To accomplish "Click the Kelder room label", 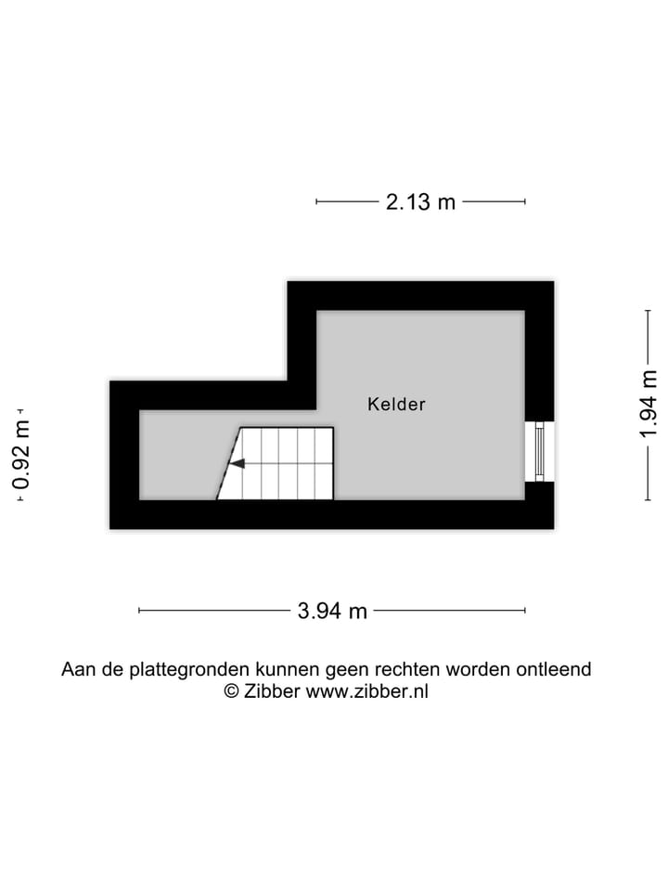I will pos(396,405).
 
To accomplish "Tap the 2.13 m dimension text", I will pos(420,201).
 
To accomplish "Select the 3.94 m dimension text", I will pos(332,611).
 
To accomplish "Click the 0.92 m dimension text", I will pos(20,455).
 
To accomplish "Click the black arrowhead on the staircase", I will pos(237,463).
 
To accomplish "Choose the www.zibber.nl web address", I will pos(367,691).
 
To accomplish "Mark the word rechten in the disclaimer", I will pos(407,669).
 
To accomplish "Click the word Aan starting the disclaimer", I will pos(77,669).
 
